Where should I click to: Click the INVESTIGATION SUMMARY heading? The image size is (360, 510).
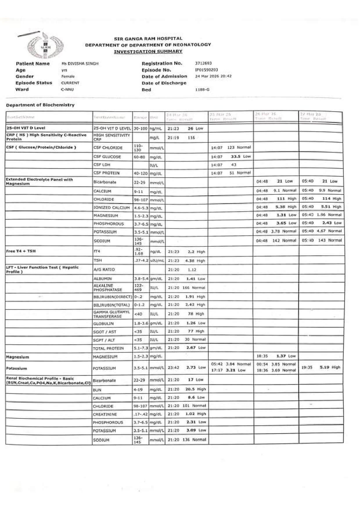point(148,51)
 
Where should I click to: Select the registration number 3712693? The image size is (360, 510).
point(203,63)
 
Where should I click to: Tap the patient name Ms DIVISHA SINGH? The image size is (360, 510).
point(80,64)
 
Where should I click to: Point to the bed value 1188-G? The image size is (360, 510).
point(202,90)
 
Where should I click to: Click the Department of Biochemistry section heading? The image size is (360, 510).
point(40,105)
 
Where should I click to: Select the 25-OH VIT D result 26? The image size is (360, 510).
point(190,128)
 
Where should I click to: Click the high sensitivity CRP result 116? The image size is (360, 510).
point(191,138)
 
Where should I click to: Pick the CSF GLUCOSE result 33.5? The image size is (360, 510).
point(235,156)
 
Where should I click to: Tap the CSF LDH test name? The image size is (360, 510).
point(102,165)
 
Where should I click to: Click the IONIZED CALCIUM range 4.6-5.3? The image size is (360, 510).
point(141,208)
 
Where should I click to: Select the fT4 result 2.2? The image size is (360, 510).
point(191,252)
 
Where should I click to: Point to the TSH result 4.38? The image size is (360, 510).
point(190,261)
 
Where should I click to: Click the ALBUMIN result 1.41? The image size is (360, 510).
point(190,279)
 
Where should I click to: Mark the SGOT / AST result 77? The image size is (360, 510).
point(190,331)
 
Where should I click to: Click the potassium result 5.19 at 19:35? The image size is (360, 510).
point(324,367)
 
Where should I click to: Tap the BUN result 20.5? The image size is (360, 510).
point(190,389)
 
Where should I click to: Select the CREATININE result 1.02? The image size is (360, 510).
point(190,414)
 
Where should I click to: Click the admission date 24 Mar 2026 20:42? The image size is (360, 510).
point(213,76)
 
